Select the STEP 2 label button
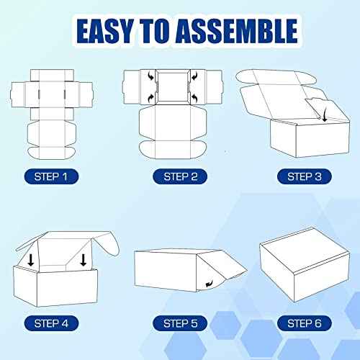point(179,175)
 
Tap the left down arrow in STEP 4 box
point(32,258)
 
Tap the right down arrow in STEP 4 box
point(84,258)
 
